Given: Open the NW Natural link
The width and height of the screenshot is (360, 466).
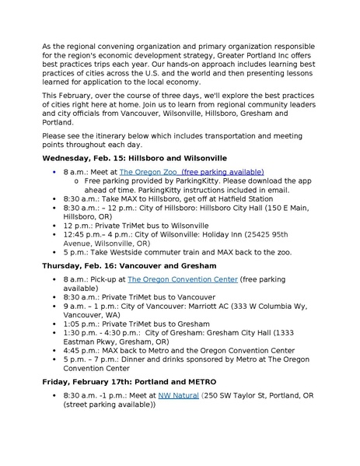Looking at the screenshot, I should [x=178, y=395].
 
